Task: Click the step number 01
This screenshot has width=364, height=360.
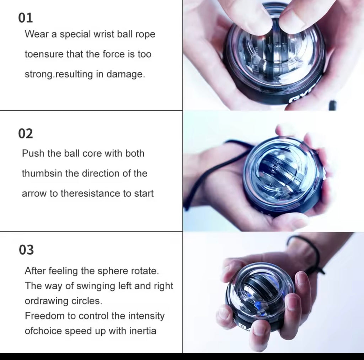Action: pos(26,18)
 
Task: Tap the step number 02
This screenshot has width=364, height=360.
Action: pos(26,134)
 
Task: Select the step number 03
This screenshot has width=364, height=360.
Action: pos(26,250)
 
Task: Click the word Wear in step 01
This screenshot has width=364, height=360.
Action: pos(37,34)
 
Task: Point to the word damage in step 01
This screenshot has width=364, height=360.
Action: pos(125,75)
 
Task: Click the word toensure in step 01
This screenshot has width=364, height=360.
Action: pos(44,54)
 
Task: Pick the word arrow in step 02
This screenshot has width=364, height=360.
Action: pos(34,193)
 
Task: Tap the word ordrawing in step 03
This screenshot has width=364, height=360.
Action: pos(47,301)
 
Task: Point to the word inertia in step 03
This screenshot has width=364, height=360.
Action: pos(143,331)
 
